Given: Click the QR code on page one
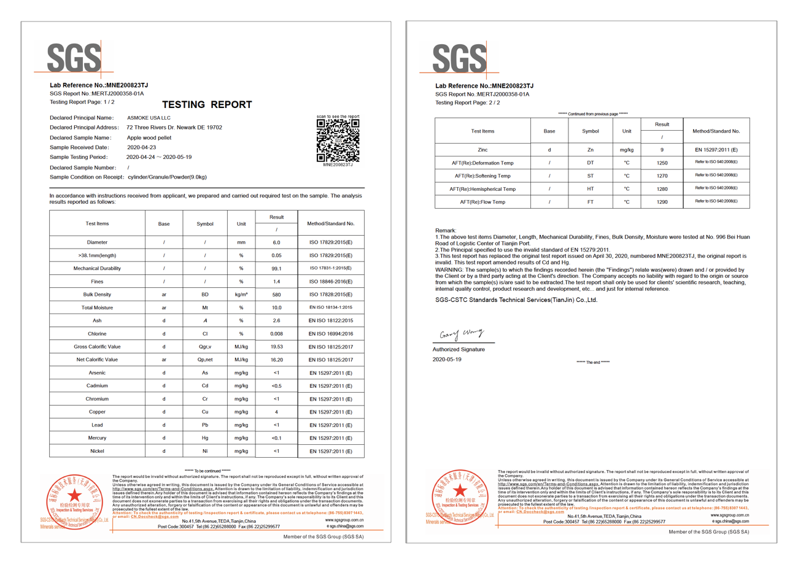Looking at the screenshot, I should click(338, 140).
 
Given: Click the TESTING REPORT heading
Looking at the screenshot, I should click(207, 105).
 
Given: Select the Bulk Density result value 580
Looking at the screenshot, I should click(276, 295).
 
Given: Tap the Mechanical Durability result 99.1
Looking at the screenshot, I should click(276, 269).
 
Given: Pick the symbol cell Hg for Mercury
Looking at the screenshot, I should click(205, 438).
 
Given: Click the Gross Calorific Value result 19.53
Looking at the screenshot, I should click(276, 347).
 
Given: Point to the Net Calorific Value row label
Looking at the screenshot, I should click(97, 360).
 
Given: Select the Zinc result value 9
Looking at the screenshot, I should click(662, 150).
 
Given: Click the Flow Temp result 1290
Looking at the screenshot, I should click(662, 202).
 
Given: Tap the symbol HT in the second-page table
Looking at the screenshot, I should click(591, 189).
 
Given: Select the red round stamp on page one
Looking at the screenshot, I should click(74, 498).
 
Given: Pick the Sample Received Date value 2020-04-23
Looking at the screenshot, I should click(142, 147).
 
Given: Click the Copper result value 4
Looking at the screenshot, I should click(276, 412).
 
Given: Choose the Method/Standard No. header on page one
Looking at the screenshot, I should click(330, 224).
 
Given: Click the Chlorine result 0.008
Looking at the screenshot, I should click(276, 334).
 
